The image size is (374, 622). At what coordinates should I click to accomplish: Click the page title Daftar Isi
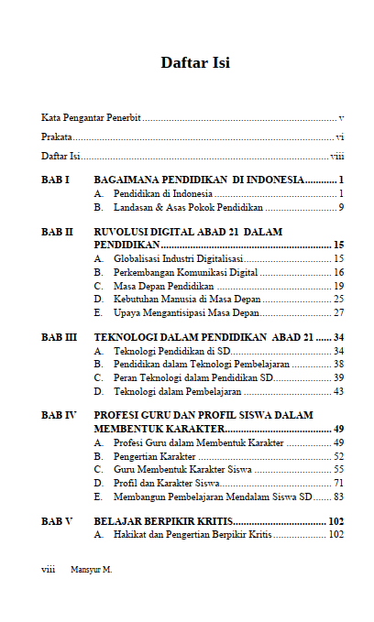[194, 63]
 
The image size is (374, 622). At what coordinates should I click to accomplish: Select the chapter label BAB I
[56, 180]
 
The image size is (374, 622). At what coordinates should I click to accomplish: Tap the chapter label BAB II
[58, 233]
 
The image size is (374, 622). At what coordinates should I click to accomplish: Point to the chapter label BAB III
[60, 338]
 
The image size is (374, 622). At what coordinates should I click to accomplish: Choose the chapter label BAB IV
[60, 416]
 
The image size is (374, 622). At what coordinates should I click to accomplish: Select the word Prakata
[58, 137]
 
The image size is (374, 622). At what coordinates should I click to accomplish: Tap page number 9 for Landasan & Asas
[340, 208]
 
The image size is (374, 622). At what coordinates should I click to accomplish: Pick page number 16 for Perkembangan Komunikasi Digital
[338, 273]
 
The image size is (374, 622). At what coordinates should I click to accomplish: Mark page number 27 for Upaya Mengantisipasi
[338, 312]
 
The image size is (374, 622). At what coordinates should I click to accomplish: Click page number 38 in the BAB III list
[338, 365]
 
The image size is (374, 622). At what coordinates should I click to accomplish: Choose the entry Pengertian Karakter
[154, 456]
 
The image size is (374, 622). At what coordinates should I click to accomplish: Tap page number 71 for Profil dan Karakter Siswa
[338, 483]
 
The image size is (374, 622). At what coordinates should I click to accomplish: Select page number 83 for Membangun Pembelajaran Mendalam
[338, 497]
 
